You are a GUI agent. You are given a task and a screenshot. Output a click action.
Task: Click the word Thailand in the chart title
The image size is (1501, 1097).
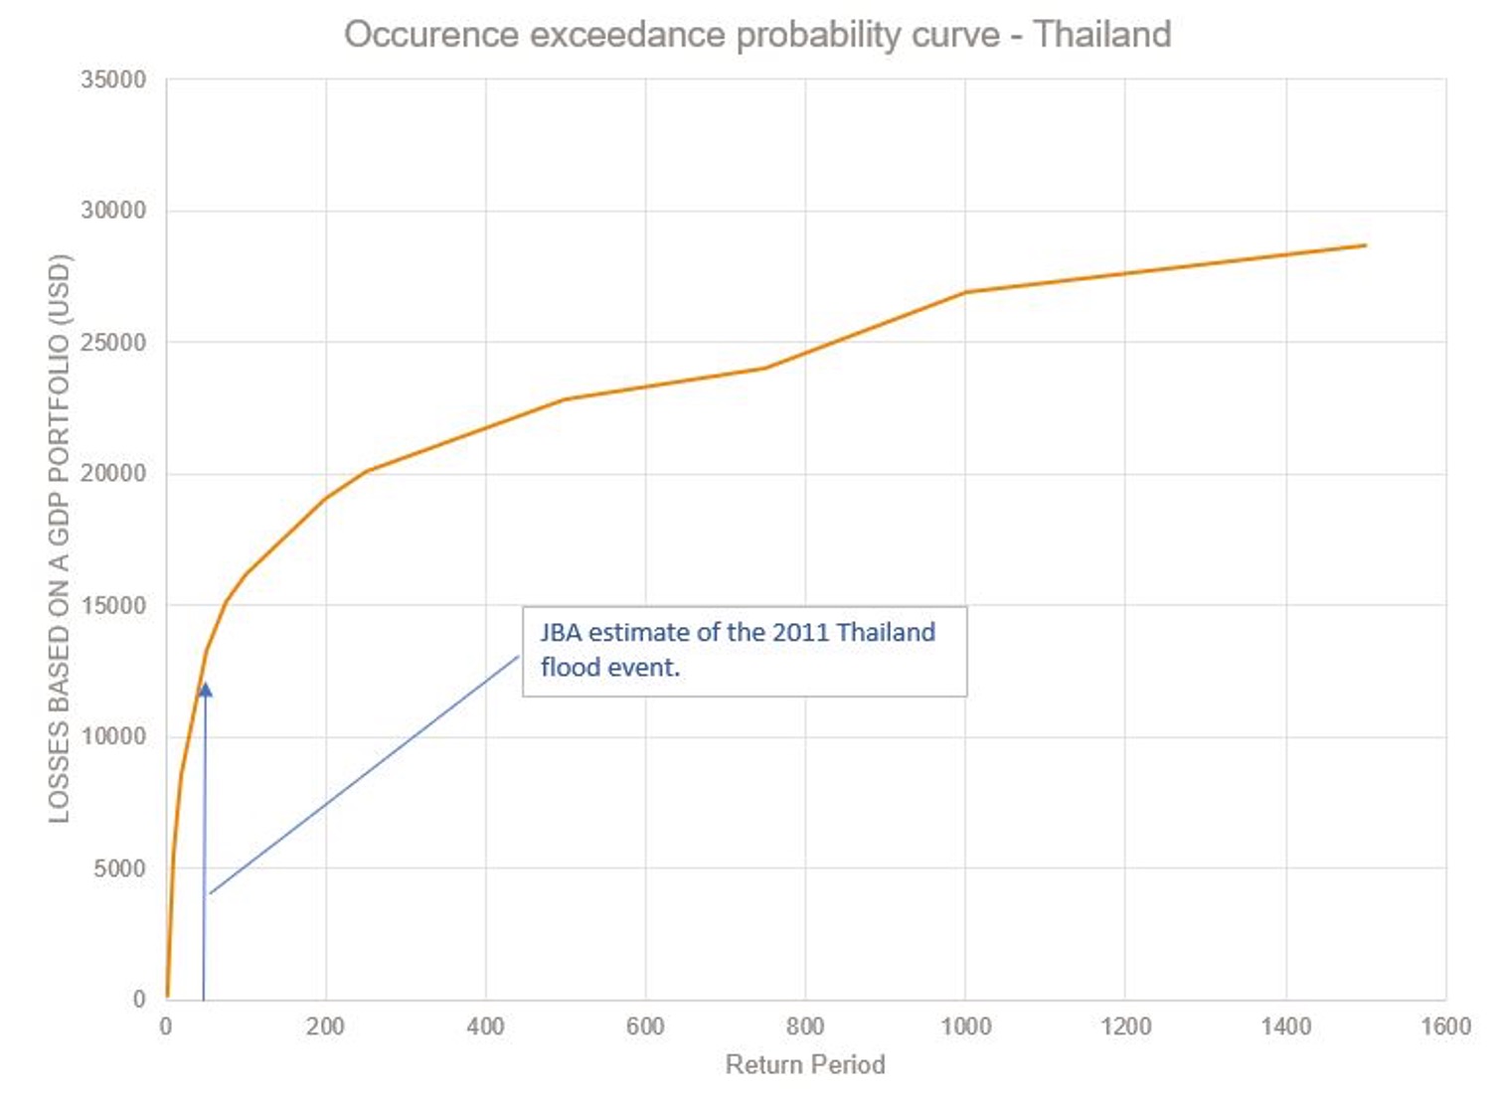pyautogui.click(x=1101, y=35)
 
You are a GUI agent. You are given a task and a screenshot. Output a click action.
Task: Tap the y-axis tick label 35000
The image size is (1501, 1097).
pyautogui.click(x=113, y=79)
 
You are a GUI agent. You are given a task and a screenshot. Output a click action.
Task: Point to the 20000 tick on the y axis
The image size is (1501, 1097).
pyautogui.click(x=113, y=473)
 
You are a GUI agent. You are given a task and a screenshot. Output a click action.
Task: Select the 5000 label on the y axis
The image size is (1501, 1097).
pyautogui.click(x=119, y=868)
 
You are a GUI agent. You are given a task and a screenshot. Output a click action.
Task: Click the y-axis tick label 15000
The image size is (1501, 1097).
pyautogui.click(x=113, y=605)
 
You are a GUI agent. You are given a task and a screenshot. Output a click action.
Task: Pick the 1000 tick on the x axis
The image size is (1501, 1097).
pyautogui.click(x=965, y=1026)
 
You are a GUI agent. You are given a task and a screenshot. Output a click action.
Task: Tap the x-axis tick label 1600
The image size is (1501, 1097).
pyautogui.click(x=1445, y=1026)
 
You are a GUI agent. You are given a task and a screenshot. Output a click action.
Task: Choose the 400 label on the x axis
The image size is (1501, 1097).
pyautogui.click(x=485, y=1026)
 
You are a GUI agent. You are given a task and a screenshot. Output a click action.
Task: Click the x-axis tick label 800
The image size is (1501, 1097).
pyautogui.click(x=805, y=1026)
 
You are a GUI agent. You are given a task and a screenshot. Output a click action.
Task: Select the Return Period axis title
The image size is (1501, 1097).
pyautogui.click(x=805, y=1064)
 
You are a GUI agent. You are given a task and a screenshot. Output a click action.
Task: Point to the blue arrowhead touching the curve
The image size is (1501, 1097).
pyautogui.click(x=205, y=689)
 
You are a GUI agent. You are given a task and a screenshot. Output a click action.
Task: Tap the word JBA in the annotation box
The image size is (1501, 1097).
pyautogui.click(x=561, y=633)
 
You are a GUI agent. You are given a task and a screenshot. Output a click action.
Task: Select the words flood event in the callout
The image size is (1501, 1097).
pyautogui.click(x=609, y=668)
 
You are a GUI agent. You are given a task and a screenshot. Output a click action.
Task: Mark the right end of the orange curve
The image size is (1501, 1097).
pyautogui.click(x=1365, y=245)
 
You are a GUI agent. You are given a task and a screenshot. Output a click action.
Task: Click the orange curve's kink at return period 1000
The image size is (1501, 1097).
pyautogui.click(x=965, y=292)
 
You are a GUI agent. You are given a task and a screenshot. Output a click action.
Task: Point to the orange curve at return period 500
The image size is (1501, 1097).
pyautogui.click(x=566, y=399)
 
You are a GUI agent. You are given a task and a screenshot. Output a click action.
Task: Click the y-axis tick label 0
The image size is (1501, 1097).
pyautogui.click(x=139, y=1000)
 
